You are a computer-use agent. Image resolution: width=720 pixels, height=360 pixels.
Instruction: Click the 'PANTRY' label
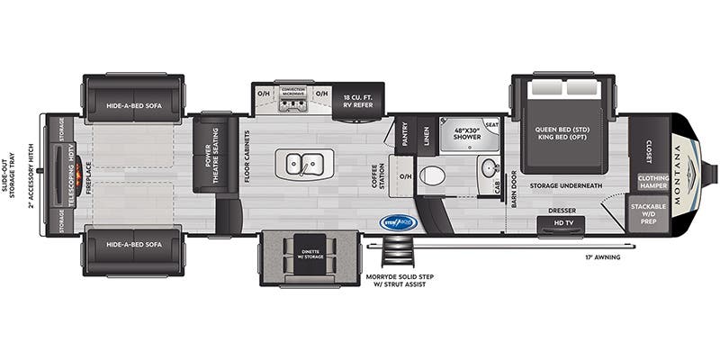[402, 135]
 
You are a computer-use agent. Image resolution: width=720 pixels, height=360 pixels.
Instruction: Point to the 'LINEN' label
[427, 135]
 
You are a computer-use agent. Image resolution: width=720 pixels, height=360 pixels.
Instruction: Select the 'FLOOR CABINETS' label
[247, 157]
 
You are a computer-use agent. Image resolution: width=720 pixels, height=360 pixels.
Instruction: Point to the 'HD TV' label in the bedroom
[563, 222]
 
